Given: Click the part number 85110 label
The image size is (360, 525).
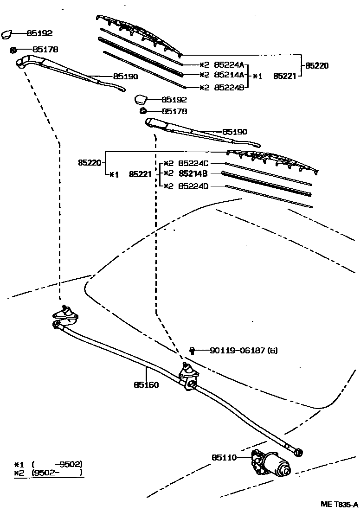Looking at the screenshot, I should (x=225, y=457).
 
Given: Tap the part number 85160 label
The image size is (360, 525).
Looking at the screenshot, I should (x=146, y=384).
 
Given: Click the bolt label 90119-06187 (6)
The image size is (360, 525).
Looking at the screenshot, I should (x=244, y=351).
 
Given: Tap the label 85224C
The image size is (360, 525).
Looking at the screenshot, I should (x=193, y=163).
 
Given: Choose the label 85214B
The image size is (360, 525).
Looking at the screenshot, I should (x=193, y=173).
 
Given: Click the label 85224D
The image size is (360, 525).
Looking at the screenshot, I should (x=193, y=186).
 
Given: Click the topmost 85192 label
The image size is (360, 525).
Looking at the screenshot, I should (x=39, y=33).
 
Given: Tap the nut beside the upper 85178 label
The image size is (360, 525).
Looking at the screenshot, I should (x=13, y=49).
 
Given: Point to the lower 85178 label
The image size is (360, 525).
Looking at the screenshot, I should (x=174, y=111).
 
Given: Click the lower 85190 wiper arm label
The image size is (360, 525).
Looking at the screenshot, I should (x=235, y=132).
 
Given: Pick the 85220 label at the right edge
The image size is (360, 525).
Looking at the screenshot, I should (x=316, y=66).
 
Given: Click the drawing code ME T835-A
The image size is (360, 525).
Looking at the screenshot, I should (x=339, y=505).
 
